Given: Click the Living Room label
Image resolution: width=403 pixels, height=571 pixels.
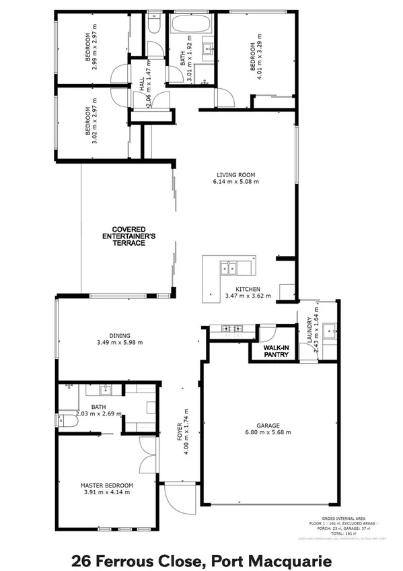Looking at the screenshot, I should tap(235, 173).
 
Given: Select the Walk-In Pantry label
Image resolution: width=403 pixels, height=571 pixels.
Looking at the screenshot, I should tap(275, 351).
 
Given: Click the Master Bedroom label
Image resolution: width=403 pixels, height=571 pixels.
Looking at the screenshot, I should tap(106, 485).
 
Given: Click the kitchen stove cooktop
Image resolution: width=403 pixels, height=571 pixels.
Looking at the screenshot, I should tap(232, 329).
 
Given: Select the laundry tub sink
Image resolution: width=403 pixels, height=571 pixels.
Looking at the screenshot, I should tap(330, 330).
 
